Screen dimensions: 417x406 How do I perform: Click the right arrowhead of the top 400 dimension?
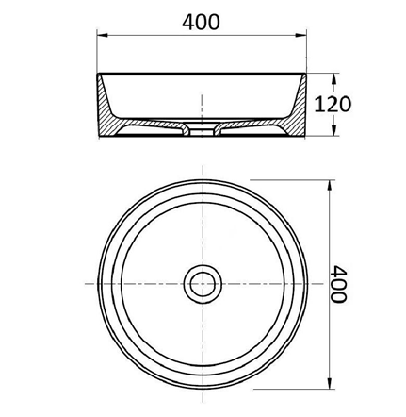(x=300, y=38)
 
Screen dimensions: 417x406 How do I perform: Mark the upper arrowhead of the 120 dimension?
(x=333, y=75)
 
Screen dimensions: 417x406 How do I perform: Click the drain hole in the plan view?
(x=201, y=283)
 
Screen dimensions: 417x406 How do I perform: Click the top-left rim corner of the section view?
(x=98, y=75)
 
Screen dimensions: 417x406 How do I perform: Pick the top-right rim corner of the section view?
(x=304, y=75)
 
